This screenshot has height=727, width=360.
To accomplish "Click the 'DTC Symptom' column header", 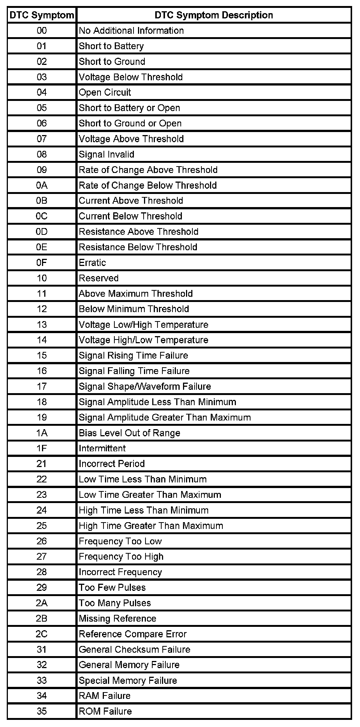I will [x=42, y=15].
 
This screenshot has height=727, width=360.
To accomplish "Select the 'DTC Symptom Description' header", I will [x=214, y=15].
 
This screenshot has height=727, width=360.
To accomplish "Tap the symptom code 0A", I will [x=42, y=185].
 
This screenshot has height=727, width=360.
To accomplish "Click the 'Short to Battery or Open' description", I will [x=129, y=108].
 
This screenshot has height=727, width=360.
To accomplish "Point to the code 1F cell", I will [x=42, y=448].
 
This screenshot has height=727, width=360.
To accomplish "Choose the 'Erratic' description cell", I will [x=92, y=263].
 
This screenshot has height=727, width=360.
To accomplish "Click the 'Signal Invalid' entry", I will [x=106, y=155].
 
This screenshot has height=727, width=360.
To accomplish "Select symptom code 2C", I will [x=42, y=634].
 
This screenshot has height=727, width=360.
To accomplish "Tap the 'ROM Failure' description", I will [x=105, y=711].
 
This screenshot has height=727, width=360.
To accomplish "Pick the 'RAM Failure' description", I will [x=105, y=696].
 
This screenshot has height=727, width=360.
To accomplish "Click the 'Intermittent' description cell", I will [x=102, y=448].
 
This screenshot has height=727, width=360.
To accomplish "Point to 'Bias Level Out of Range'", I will [x=129, y=433].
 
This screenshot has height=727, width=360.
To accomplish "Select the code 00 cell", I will [x=42, y=31].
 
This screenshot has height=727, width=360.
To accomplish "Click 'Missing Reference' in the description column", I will [x=117, y=619].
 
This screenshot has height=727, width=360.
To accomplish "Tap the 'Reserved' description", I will [x=99, y=278].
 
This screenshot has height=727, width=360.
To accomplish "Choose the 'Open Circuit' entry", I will [x=105, y=93].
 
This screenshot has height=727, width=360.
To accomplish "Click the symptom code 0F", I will [x=42, y=263].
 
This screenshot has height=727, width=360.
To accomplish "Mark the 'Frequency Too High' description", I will [x=121, y=557].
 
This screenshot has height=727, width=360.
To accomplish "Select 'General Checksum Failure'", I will [x=135, y=649].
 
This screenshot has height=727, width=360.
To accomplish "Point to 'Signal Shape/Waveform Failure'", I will [x=145, y=386].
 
